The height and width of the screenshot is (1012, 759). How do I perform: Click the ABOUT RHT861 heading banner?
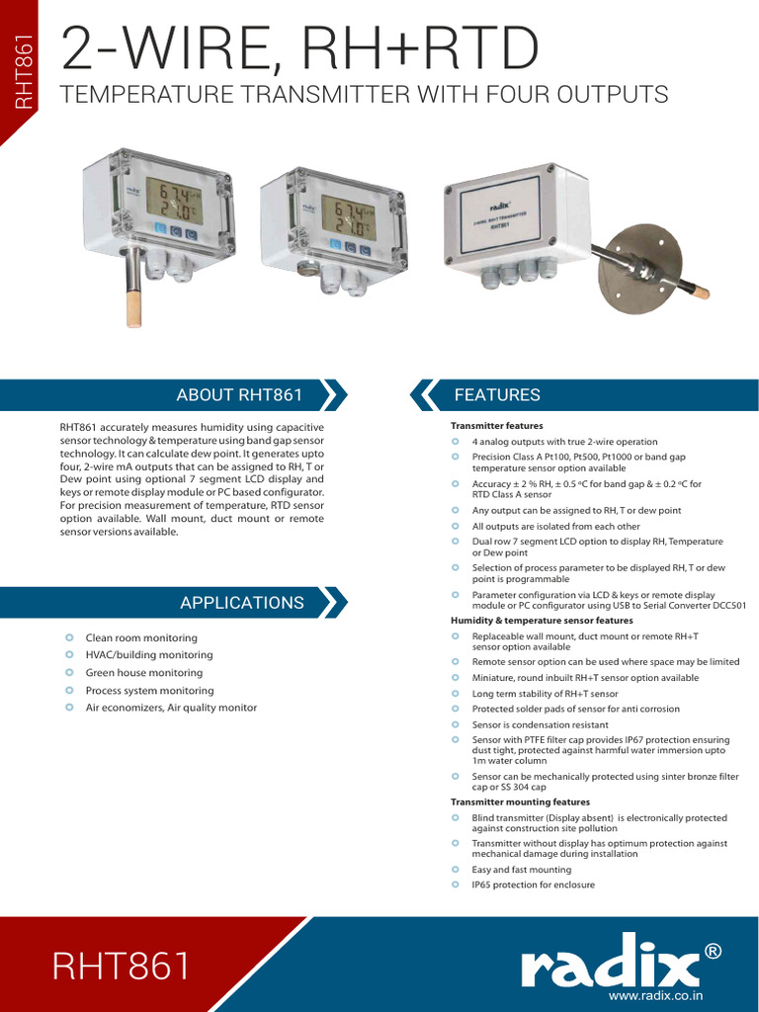click(238, 395)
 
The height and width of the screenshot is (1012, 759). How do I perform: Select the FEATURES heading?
click(497, 395)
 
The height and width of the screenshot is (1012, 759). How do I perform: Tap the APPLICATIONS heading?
click(241, 602)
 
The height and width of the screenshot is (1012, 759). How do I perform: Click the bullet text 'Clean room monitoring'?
click(141, 638)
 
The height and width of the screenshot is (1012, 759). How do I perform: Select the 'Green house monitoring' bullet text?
click(144, 673)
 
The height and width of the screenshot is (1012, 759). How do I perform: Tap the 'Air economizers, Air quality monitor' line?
click(171, 708)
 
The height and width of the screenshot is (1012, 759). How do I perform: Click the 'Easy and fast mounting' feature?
click(521, 870)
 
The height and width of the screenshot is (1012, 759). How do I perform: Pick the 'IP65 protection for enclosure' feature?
click(533, 885)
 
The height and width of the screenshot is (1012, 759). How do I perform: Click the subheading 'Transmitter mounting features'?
click(520, 802)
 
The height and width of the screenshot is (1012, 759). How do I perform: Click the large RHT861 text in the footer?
click(122, 967)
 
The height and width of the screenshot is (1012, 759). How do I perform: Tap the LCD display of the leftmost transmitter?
click(173, 201)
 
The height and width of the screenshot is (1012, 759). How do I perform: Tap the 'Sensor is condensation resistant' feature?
click(540, 724)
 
